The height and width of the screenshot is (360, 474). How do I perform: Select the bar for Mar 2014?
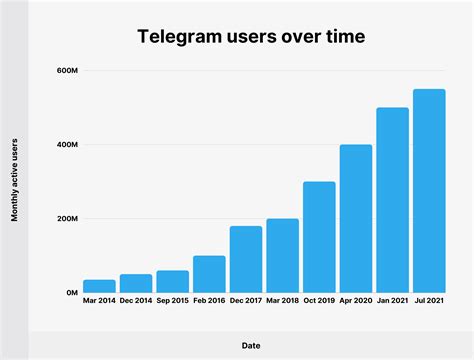[x=99, y=286]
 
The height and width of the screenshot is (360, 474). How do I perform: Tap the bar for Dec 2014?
[x=136, y=283]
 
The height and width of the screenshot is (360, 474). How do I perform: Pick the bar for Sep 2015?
[x=172, y=281]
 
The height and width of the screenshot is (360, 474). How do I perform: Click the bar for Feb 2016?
[x=209, y=274]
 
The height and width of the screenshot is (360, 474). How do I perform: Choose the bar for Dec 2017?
[x=246, y=259]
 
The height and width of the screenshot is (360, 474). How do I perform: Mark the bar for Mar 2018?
[x=282, y=255]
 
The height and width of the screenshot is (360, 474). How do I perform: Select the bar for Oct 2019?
[x=319, y=237]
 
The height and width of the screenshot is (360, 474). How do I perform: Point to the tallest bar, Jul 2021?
[x=429, y=191]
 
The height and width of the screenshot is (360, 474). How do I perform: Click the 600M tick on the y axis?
[x=67, y=72]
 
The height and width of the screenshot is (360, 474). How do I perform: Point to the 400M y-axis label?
[x=67, y=145]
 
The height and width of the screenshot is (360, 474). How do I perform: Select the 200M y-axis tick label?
[x=67, y=219]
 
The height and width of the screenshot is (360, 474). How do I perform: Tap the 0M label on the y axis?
[x=71, y=293]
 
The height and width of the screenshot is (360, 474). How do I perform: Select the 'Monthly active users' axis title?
[x=15, y=182]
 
